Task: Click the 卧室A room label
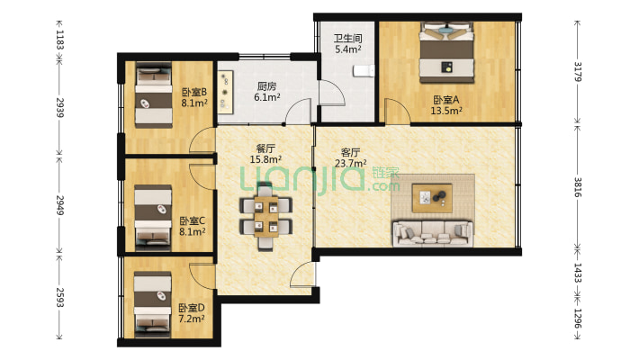pyautogui.click(x=446, y=100)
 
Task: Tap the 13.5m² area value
pyautogui.click(x=446, y=111)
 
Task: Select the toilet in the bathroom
pyautogui.click(x=364, y=71)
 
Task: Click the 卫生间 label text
pyautogui.click(x=348, y=39)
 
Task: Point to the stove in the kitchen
pyautogui.click(x=225, y=92)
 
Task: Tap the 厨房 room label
pyautogui.click(x=267, y=86)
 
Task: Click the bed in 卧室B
pyautogui.click(x=153, y=94)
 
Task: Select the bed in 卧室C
pyautogui.click(x=153, y=217)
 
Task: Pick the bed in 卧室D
pyautogui.click(x=152, y=303)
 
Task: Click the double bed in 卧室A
pyautogui.click(x=447, y=52)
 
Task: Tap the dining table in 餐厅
pyautogui.click(x=266, y=216)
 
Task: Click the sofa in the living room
pyautogui.click(x=433, y=234)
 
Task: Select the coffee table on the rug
pyautogui.click(x=432, y=198)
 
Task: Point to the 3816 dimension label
pyautogui.click(x=578, y=187)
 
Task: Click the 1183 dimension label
pyautogui.click(x=60, y=40)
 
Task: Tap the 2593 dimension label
pyautogui.click(x=60, y=297)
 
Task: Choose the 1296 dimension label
pyautogui.click(x=578, y=319)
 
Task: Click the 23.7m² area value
pyautogui.click(x=350, y=164)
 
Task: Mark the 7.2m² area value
pyautogui.click(x=192, y=319)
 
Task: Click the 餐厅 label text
pyautogui.click(x=265, y=148)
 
